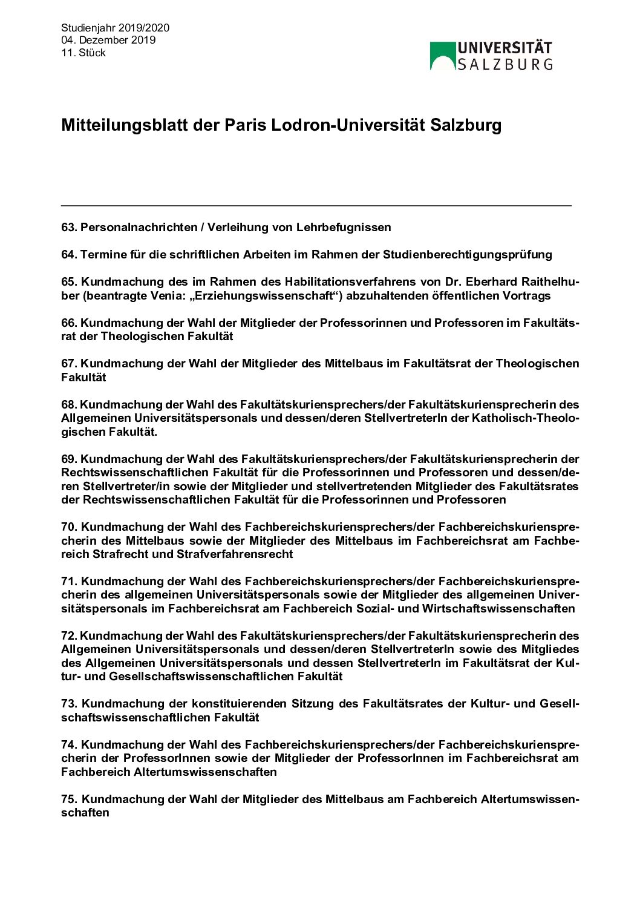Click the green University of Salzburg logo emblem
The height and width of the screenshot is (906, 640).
point(443,56)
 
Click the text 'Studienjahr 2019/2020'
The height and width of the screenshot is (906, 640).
point(115,28)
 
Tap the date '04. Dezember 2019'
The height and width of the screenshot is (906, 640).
point(108,40)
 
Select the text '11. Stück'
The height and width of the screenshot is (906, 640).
point(83,53)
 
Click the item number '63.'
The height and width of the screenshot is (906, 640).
point(69,228)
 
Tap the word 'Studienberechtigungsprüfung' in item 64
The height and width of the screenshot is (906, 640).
point(467,255)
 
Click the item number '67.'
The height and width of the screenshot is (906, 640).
point(69,364)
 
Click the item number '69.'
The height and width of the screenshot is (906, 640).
point(69,459)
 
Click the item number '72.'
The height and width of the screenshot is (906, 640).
point(69,636)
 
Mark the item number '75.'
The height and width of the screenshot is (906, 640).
point(69,799)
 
